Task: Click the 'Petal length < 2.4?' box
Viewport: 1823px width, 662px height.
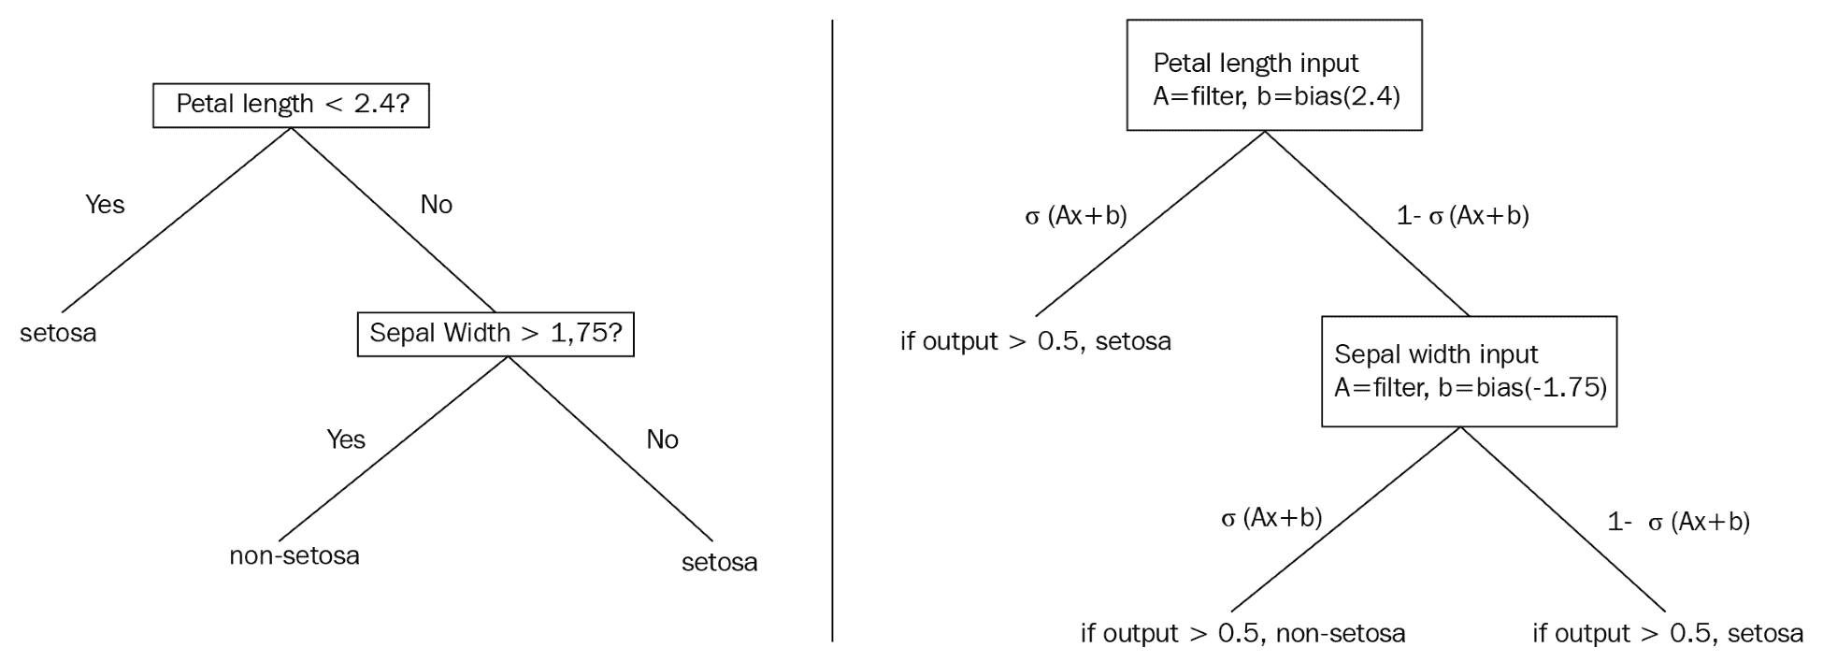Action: click(291, 104)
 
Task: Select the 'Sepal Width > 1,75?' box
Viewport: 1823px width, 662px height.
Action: click(495, 334)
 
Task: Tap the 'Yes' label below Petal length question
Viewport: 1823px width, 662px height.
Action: click(105, 205)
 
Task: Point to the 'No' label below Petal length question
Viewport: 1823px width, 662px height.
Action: click(436, 205)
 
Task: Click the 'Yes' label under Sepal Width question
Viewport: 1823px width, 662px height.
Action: click(345, 439)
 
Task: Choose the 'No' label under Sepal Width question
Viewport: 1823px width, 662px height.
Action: click(662, 439)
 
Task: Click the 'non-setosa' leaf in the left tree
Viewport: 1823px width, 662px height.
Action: click(294, 555)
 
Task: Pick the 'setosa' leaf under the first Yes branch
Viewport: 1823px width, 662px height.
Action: click(58, 333)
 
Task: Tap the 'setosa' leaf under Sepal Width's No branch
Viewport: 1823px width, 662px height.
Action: click(719, 563)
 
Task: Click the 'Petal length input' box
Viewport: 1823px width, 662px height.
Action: click(1273, 76)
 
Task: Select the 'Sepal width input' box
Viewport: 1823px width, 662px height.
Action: click(1469, 371)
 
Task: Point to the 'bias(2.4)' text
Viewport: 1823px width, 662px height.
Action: click(1347, 95)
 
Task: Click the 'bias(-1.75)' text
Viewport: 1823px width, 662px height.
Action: click(1541, 388)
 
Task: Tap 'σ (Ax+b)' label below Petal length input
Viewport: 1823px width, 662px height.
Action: click(1076, 216)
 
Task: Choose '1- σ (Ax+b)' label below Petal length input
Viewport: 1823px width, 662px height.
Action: click(1462, 216)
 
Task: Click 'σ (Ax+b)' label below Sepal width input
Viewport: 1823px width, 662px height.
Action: click(1271, 518)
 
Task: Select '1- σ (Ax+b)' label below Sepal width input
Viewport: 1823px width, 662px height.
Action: click(1678, 522)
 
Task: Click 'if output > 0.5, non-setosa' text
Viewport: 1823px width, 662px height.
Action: click(1242, 634)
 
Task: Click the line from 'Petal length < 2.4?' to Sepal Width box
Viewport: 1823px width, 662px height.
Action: click(393, 220)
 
